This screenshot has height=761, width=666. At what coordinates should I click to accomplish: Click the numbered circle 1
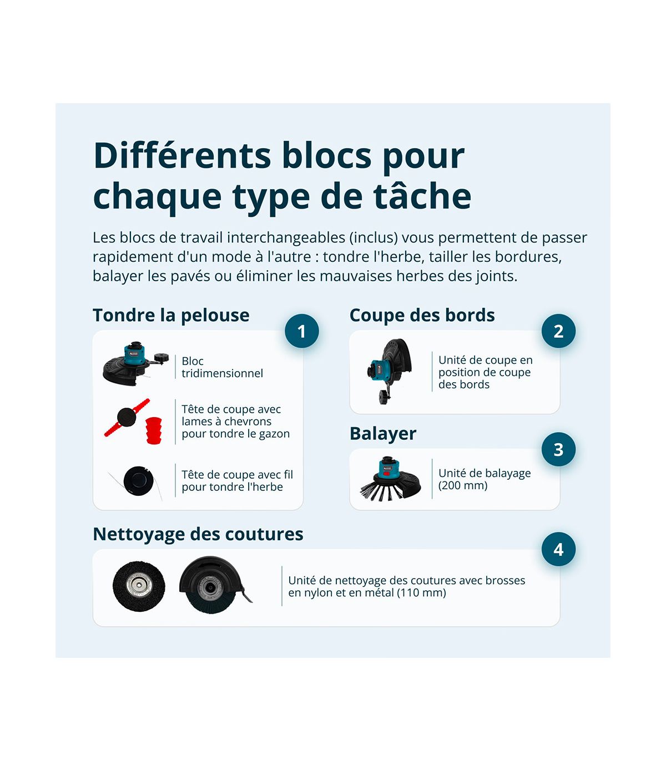click(x=302, y=331)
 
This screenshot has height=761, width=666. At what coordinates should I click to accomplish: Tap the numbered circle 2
click(x=558, y=331)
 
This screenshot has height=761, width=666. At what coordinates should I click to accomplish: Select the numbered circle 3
click(x=558, y=449)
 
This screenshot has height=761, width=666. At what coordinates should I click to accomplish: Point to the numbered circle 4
click(x=558, y=549)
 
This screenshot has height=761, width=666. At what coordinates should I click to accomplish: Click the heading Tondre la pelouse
click(x=171, y=316)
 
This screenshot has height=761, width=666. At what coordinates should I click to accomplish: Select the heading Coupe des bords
click(x=422, y=316)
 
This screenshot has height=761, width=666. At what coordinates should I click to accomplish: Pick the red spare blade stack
click(x=154, y=430)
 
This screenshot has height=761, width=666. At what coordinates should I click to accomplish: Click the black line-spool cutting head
click(x=138, y=480)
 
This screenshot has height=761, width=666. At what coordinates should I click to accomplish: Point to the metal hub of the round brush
click(x=139, y=585)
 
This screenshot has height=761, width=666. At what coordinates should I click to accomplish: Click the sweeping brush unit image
click(x=390, y=479)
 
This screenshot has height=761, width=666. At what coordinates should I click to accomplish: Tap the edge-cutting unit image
click(x=389, y=371)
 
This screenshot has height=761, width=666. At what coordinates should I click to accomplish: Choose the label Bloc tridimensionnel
click(x=222, y=367)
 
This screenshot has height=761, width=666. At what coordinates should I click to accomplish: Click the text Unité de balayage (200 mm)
click(x=485, y=479)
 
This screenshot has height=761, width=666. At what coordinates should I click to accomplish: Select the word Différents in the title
click(x=182, y=155)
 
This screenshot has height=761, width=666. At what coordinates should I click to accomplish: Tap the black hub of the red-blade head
click(x=126, y=417)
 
